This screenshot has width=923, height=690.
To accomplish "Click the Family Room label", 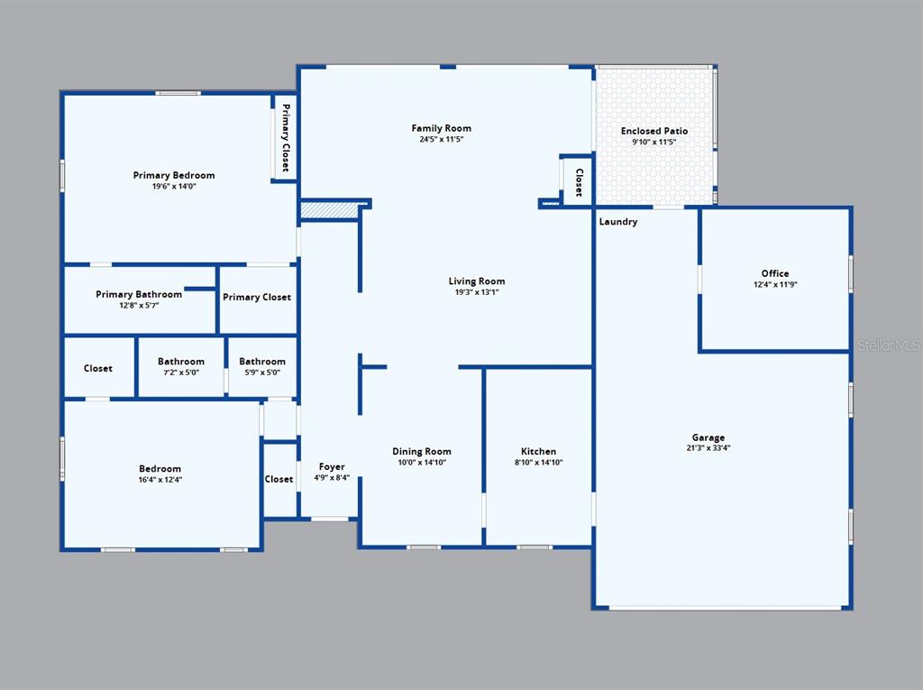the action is pos(441,128).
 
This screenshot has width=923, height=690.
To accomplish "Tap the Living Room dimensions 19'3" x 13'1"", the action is pos(476,291).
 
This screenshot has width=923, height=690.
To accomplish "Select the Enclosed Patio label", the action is pos(654,131).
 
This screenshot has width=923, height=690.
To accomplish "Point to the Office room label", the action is pos(774,273).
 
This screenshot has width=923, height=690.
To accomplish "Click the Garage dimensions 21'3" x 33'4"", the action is pos(708,447).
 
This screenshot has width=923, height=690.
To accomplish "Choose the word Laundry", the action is pos(618,222).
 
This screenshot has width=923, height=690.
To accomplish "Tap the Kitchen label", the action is pos(538,451).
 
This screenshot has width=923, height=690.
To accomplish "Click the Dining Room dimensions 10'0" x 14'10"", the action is pos(422,462).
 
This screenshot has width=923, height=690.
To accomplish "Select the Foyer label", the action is pos(332,466).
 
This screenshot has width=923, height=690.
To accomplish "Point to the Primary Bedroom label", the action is pos(174,175).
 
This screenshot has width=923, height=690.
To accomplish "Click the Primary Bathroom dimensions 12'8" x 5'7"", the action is pos(139,305).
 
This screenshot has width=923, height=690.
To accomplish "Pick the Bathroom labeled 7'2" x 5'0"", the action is pos(180,361).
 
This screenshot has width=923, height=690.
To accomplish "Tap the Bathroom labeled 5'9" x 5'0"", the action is pos(262,361).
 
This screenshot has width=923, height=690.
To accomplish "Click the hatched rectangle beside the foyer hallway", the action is pos(329,210).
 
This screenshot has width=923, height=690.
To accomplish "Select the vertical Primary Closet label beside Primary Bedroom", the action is pos(286,138).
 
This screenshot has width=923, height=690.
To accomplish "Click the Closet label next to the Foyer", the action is pos(279,479).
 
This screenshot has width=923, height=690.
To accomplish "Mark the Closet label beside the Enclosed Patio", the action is pos(579,183).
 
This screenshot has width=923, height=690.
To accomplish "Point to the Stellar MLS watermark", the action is pos(889,345).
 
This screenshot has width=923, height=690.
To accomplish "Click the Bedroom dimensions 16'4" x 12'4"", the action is pos(160,480).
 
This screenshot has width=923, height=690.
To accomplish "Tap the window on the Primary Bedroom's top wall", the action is pos(178,93).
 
